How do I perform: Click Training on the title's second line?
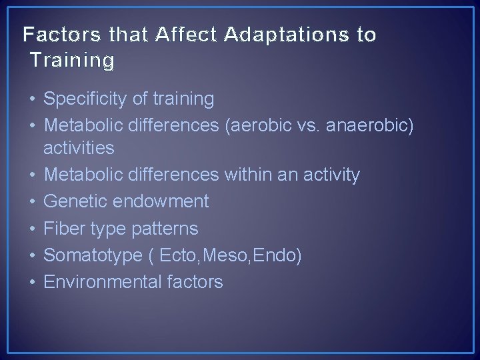coord(71,61)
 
